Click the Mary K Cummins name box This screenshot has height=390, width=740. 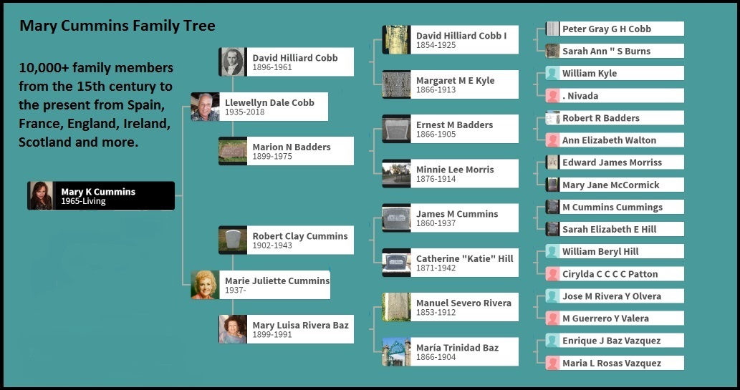coord(101,195)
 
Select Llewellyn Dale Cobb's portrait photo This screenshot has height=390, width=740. coord(205,107)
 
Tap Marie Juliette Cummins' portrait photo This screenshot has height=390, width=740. coord(205,285)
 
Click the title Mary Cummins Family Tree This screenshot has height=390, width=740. coord(117,26)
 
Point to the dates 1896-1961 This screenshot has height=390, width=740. coord(272,68)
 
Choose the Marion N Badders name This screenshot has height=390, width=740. coord(292,147)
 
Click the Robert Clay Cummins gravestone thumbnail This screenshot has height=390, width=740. coord(233,240)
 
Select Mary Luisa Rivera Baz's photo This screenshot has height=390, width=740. coord(233,329)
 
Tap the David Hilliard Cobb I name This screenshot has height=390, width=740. coord(461,36)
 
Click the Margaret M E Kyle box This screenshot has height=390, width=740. coord(450,84)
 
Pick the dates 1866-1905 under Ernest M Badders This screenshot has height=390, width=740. coord(436,134)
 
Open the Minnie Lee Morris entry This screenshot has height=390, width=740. coord(450,174)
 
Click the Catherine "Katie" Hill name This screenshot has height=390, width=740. coord(464,258)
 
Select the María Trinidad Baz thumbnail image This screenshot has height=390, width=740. coord(396,351)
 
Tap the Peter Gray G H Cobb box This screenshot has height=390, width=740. coord(614,29)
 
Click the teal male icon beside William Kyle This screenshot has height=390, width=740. coord(552,73)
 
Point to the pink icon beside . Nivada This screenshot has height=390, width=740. coord(552,96)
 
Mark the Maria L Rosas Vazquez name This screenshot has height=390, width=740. coord(612,363)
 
